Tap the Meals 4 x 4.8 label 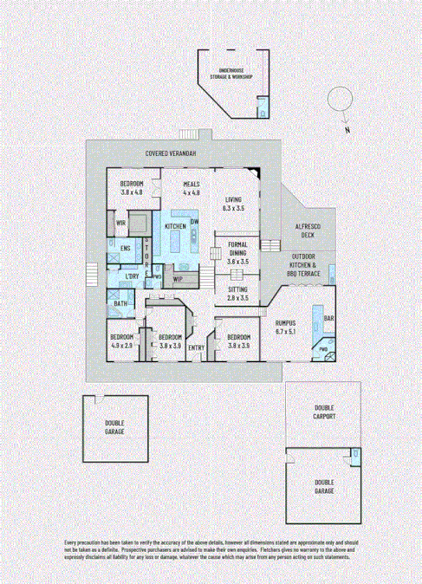pos(192,188)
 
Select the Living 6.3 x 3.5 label pos(234,204)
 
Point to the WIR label pos(122,224)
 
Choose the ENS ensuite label pos(126,249)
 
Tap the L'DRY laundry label pos(133,276)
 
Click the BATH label pos(120,303)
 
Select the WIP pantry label pos(178,279)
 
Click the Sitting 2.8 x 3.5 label pos(237,293)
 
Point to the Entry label pos(197,349)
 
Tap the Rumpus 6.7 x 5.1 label pos(286,327)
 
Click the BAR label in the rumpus pos(328,319)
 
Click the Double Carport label pos(325,411)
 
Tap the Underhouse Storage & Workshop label pos(229,75)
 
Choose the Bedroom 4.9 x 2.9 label pos(121,341)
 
